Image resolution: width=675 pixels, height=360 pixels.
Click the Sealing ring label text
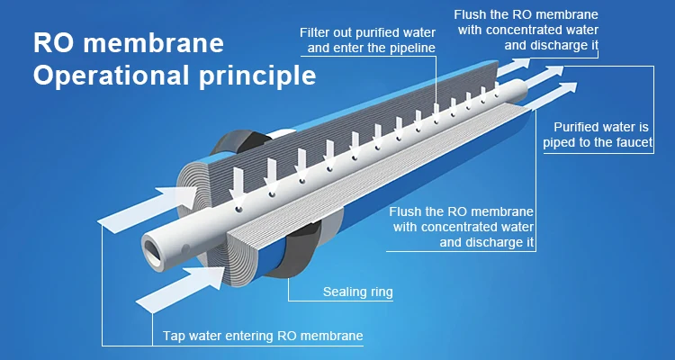coord(357,292)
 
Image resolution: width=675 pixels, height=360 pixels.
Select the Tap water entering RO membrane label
coord(263,337)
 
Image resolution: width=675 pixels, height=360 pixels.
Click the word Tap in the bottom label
coord(174,337)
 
